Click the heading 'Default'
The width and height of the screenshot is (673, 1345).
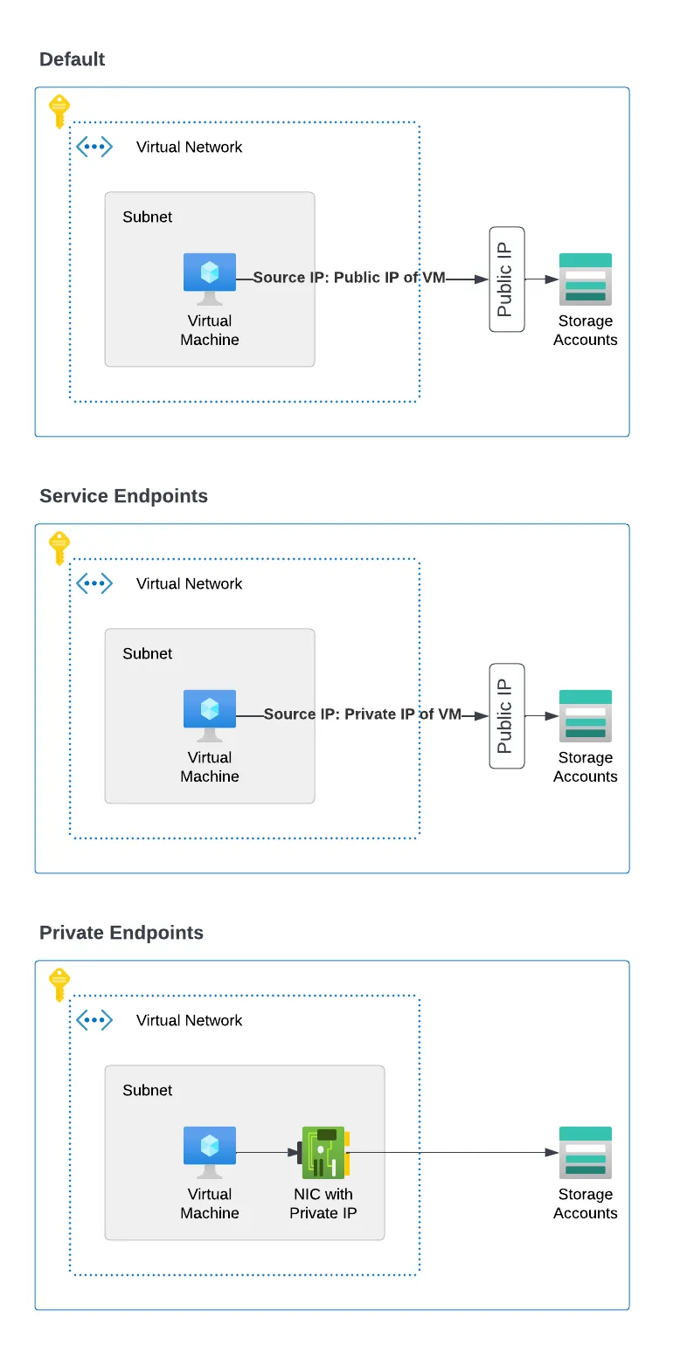(73, 59)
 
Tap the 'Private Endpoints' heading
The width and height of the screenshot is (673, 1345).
(121, 933)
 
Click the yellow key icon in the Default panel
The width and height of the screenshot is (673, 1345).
(59, 111)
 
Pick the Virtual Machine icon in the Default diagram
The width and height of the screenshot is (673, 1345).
(210, 277)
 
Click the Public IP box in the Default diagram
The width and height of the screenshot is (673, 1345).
(507, 279)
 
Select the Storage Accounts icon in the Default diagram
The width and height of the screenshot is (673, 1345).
(586, 279)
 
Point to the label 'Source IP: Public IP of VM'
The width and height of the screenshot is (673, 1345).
(350, 278)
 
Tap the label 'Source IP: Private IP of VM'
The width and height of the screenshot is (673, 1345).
(362, 714)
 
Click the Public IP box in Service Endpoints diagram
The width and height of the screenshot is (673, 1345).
(507, 716)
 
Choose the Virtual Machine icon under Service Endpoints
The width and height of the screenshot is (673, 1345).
(210, 714)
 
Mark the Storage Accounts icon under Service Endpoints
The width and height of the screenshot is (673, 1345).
(586, 715)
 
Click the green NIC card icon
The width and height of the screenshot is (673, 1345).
(324, 1152)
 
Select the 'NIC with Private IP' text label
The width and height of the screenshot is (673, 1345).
(323, 1204)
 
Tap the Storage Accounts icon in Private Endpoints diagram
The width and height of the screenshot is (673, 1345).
(586, 1152)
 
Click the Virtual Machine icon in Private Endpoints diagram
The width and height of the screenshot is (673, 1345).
(210, 1150)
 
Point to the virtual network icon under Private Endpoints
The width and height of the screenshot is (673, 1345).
(94, 1020)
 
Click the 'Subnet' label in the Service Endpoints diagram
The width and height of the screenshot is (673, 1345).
(148, 653)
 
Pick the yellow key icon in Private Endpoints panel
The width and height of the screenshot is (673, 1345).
(59, 984)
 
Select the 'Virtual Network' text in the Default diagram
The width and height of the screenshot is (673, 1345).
(190, 147)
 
